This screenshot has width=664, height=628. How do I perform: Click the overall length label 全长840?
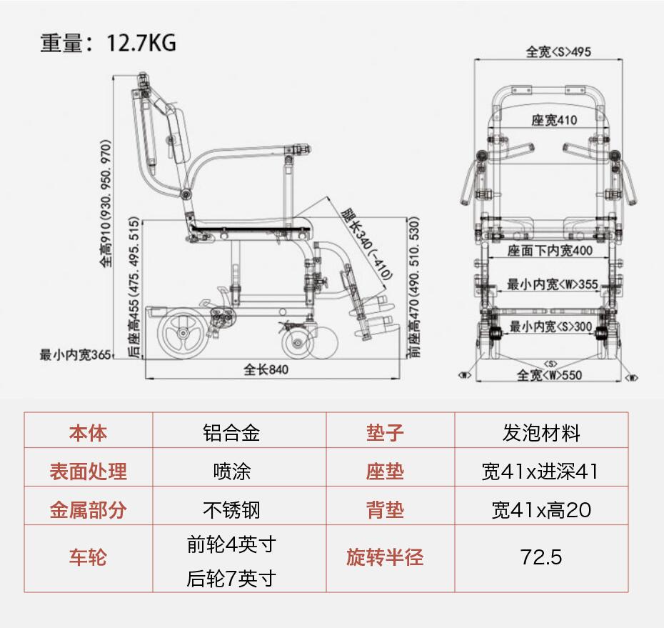[x=267, y=369]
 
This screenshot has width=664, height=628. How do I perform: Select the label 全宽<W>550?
[x=549, y=375]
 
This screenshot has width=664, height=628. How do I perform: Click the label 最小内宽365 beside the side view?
[x=76, y=354]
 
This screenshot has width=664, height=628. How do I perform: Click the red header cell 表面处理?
[x=88, y=472]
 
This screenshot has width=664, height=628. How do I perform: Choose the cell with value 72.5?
[x=540, y=557]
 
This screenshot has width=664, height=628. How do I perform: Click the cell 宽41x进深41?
[x=540, y=472]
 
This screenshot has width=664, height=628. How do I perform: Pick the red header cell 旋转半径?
[x=385, y=557]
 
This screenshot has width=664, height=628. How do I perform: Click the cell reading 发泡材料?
[x=540, y=433]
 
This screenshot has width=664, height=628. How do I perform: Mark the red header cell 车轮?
[x=88, y=557]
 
